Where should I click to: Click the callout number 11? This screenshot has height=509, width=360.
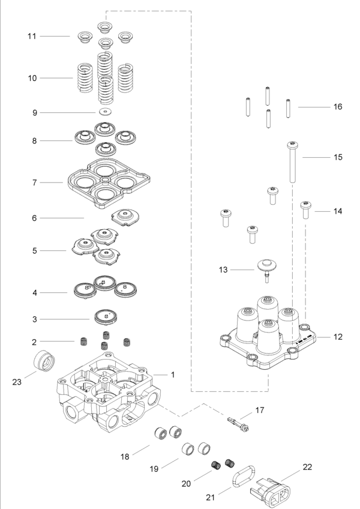(32, 37)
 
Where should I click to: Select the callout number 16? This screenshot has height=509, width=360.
(338, 107)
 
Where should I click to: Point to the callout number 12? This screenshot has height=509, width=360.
(338, 337)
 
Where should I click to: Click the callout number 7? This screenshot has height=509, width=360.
(34, 181)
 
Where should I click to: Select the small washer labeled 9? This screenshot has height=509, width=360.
(106, 112)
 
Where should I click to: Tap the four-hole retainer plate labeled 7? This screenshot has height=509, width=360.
(108, 179)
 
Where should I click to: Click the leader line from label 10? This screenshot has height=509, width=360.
(56, 78)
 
